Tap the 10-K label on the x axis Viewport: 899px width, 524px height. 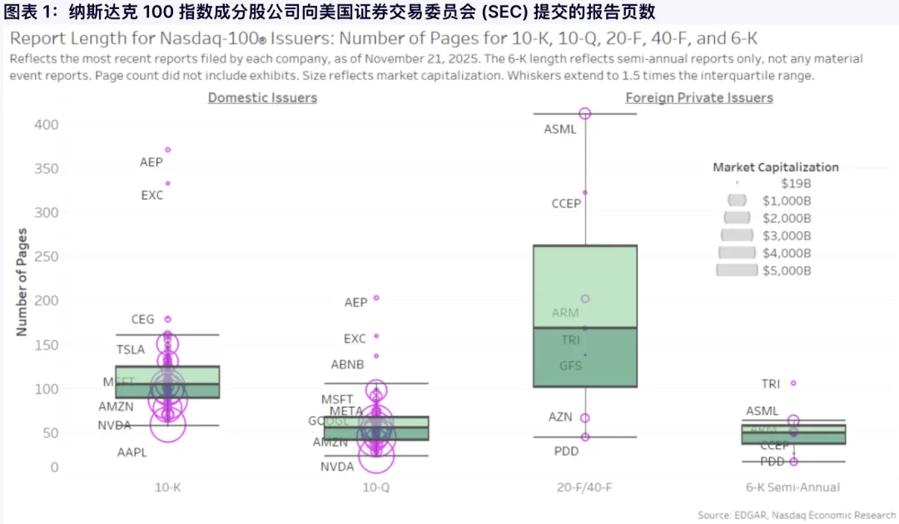(167, 487)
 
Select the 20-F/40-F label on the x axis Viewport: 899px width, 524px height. (585, 487)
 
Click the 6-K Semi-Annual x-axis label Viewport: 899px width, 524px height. (793, 487)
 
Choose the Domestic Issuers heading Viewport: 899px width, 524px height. (262, 98)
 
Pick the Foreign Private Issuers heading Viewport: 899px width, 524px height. (699, 98)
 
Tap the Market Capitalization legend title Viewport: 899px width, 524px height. (776, 167)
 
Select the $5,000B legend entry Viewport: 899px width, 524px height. (786, 270)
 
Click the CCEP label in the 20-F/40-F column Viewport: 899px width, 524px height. (566, 204)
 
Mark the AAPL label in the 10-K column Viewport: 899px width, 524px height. (132, 453)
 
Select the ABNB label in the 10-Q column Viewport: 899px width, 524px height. (347, 364)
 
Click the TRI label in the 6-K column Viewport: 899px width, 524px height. (771, 384)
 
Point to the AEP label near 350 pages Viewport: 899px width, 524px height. (151, 163)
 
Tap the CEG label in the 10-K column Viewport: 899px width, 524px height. (142, 319)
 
